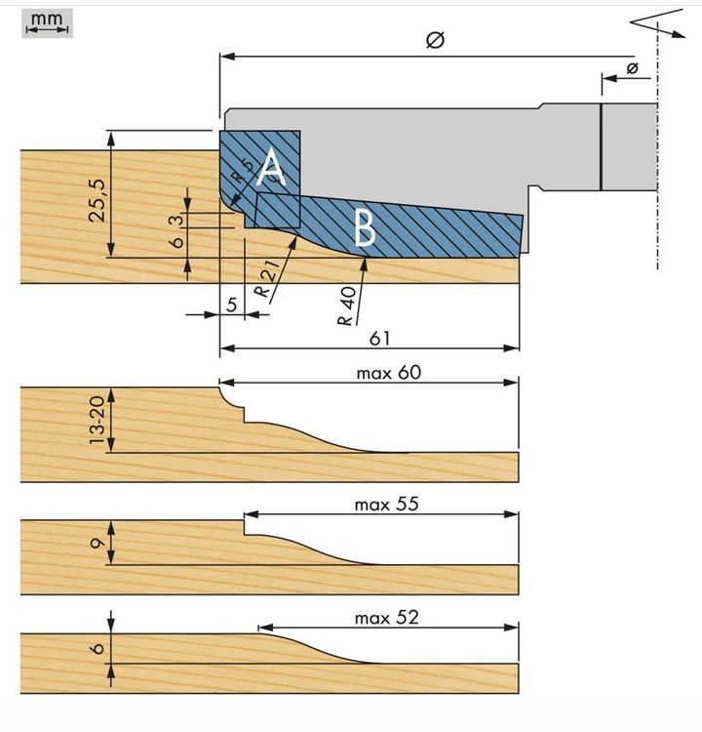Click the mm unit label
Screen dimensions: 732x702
pos(46,18)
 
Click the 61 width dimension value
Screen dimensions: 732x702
pos(380,337)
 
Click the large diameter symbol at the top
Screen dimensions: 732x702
pos(436,40)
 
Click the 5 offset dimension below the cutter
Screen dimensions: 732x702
pos(231,304)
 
